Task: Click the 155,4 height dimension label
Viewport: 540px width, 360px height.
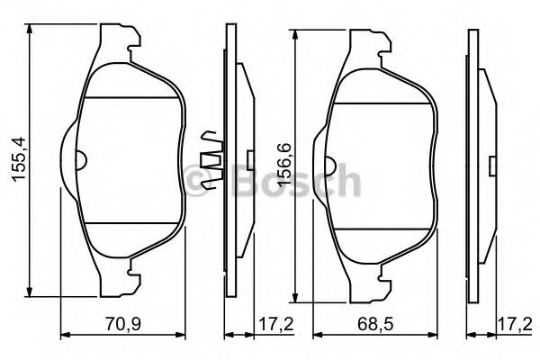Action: [x=16, y=160]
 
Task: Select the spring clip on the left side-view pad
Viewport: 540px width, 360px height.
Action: [x=211, y=161]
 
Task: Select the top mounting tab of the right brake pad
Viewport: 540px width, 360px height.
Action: [x=370, y=43]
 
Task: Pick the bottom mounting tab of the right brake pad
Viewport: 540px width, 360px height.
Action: [x=370, y=286]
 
